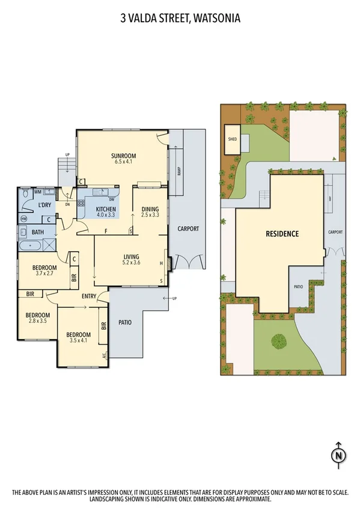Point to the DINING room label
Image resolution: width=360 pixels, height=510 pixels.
coord(150,209)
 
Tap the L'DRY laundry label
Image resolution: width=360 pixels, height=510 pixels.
coord(45,205)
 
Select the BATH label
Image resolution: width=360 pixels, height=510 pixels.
coord(37,232)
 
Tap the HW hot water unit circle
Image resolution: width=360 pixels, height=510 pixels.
coord(23,219)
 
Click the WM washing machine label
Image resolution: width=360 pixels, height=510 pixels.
coord(37,192)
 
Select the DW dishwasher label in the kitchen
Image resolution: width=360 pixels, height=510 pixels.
coord(112,199)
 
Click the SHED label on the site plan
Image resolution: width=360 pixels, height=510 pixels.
coord(232,137)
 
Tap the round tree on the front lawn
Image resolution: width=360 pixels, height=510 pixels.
coord(279,341)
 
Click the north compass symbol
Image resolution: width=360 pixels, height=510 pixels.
coord(339,456)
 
